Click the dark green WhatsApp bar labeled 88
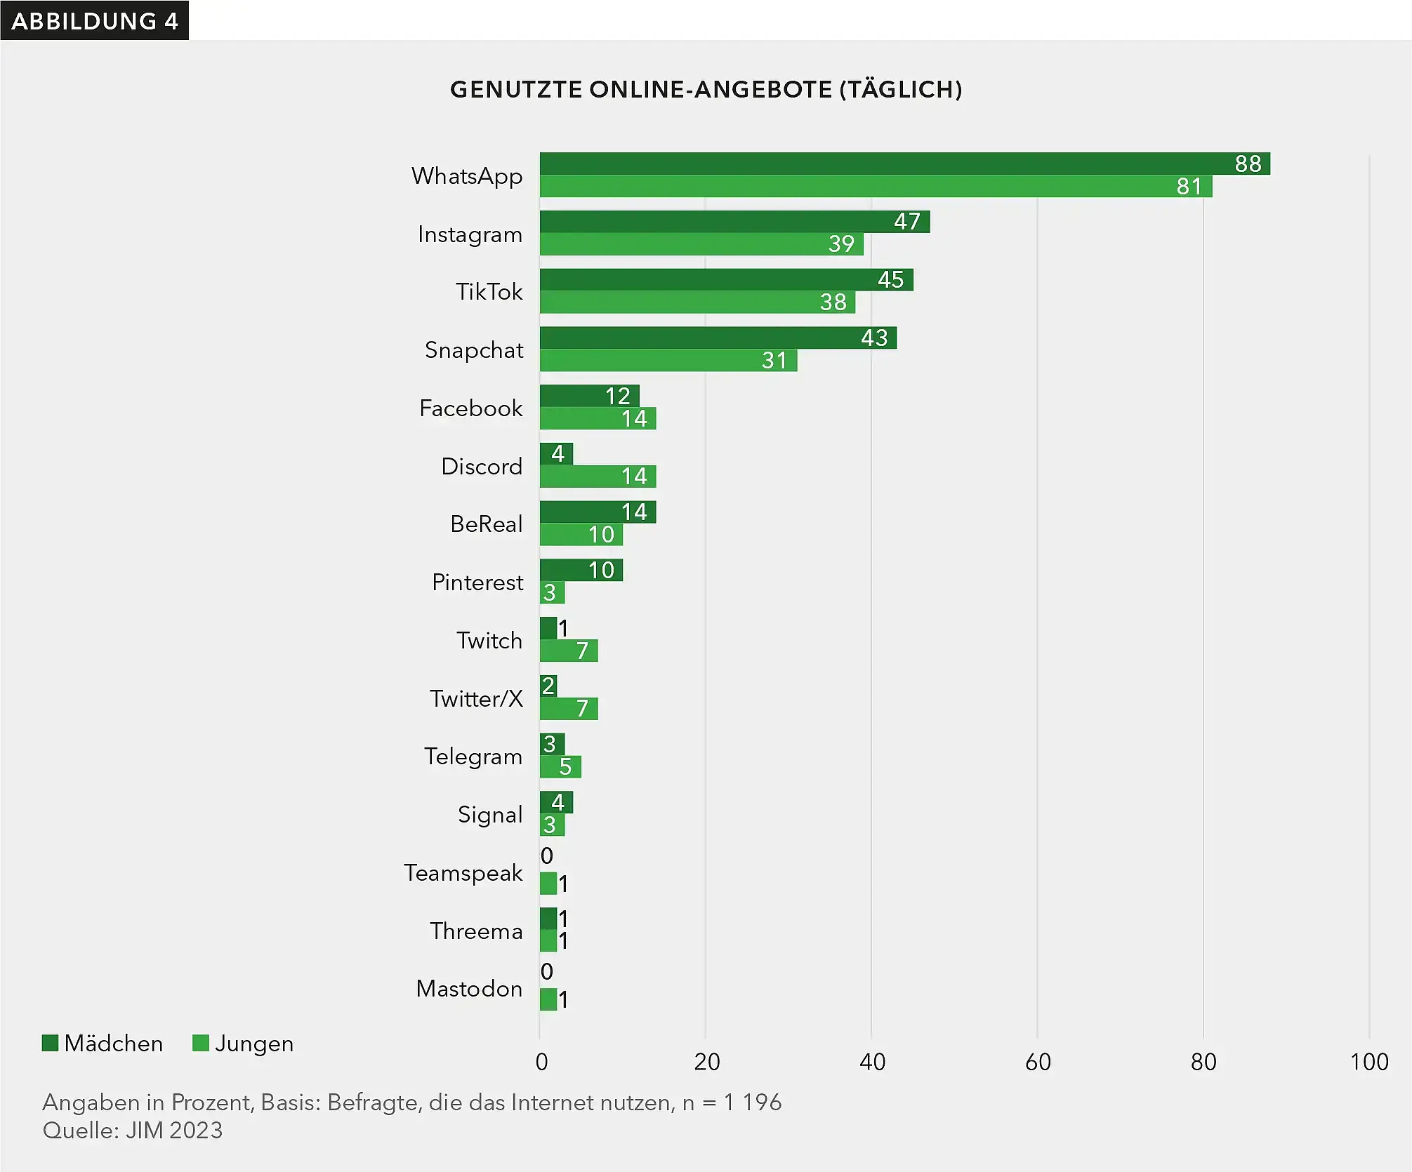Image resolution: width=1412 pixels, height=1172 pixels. pos(904,164)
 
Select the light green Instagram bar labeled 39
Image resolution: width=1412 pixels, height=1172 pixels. pos(701,244)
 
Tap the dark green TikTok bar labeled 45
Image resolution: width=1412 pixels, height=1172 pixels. pos(726,280)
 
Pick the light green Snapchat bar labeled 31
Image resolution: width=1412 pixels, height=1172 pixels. pos(668,361)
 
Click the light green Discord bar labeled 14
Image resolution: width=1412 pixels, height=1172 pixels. pos(598,477)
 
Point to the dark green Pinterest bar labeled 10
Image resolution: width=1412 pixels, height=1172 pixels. pos(581,570)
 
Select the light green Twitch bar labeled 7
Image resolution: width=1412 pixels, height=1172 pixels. pos(569,651)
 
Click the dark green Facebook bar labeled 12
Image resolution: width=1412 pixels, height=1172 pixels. pos(589,396)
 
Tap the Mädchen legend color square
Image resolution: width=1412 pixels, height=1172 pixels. pos(50,1043)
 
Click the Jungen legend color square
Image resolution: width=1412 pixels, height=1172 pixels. pos(201,1043)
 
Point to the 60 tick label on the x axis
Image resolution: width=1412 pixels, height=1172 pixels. pos(1038,1062)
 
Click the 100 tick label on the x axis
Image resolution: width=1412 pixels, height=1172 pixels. pos(1368,1062)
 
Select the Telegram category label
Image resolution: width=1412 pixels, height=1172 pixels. pos(473,757)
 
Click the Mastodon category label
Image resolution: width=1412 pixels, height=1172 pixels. pos(469,989)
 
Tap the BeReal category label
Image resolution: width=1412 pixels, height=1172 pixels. pos(486,524)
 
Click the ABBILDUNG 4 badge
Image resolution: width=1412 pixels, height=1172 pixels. pos(95,20)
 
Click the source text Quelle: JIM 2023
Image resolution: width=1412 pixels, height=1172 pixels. pos(133,1131)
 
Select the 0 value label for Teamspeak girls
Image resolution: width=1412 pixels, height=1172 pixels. pos(547,855)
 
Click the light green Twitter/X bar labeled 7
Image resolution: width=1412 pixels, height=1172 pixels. pos(569,709)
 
